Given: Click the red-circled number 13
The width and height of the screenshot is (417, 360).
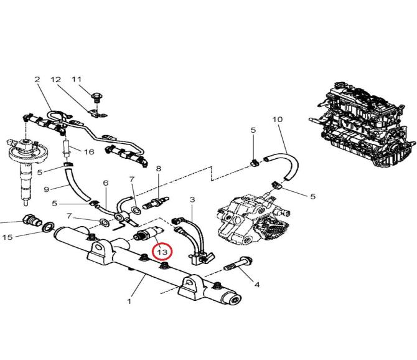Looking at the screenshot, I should tap(162, 252).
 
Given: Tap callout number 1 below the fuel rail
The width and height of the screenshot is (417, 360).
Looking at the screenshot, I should tap(129, 301).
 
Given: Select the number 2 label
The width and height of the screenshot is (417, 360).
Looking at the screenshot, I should tap(37, 80).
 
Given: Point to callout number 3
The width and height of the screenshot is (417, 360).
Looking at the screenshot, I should tap(192, 199).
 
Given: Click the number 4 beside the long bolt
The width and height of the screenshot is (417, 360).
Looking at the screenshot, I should tap(256, 285).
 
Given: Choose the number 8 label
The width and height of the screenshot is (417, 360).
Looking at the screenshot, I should tap(158, 169).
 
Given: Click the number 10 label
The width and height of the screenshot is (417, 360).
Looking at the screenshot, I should tap(278, 119).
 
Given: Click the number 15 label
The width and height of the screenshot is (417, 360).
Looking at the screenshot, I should tap(7, 237).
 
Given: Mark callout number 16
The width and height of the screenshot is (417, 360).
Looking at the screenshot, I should tap(89, 151).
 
